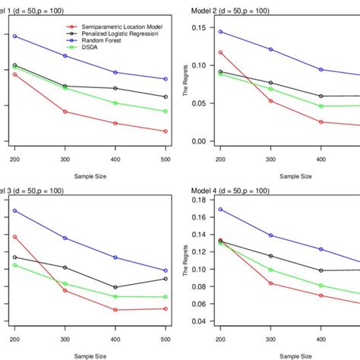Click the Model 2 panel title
pos(242,7)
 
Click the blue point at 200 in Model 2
pos(220,32)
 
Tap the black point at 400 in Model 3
pos(115,288)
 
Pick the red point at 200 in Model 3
pos(14,237)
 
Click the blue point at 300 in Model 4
pos(270,235)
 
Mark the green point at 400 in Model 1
pos(115,103)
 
